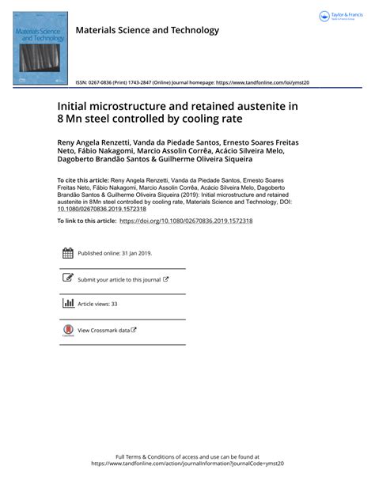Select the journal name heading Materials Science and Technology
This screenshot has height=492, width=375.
click(146, 31)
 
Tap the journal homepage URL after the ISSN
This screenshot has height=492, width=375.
click(263, 82)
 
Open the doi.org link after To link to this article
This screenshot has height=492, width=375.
click(186, 221)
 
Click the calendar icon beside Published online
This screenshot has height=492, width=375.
click(67, 254)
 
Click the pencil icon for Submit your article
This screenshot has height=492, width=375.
click(67, 278)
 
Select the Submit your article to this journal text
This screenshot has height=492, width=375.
click(119, 279)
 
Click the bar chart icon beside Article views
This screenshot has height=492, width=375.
click(67, 304)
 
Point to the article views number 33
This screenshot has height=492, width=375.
click(114, 304)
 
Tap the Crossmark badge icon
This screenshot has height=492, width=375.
click(67, 331)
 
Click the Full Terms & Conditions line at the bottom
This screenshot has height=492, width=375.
click(187, 457)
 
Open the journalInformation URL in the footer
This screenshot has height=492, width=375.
click(187, 464)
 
